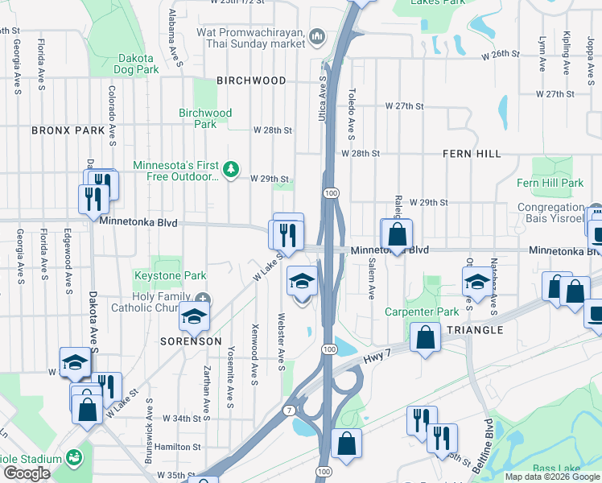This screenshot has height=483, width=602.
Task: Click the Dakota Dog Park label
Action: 138,64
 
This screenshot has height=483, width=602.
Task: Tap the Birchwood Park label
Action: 205,118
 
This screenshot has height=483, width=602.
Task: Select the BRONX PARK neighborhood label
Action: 68,130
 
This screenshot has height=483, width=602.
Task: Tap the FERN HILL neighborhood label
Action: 472,153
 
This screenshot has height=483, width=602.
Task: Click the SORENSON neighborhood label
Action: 192,341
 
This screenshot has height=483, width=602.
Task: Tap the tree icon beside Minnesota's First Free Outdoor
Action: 231,168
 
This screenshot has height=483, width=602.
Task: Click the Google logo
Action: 27,473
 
